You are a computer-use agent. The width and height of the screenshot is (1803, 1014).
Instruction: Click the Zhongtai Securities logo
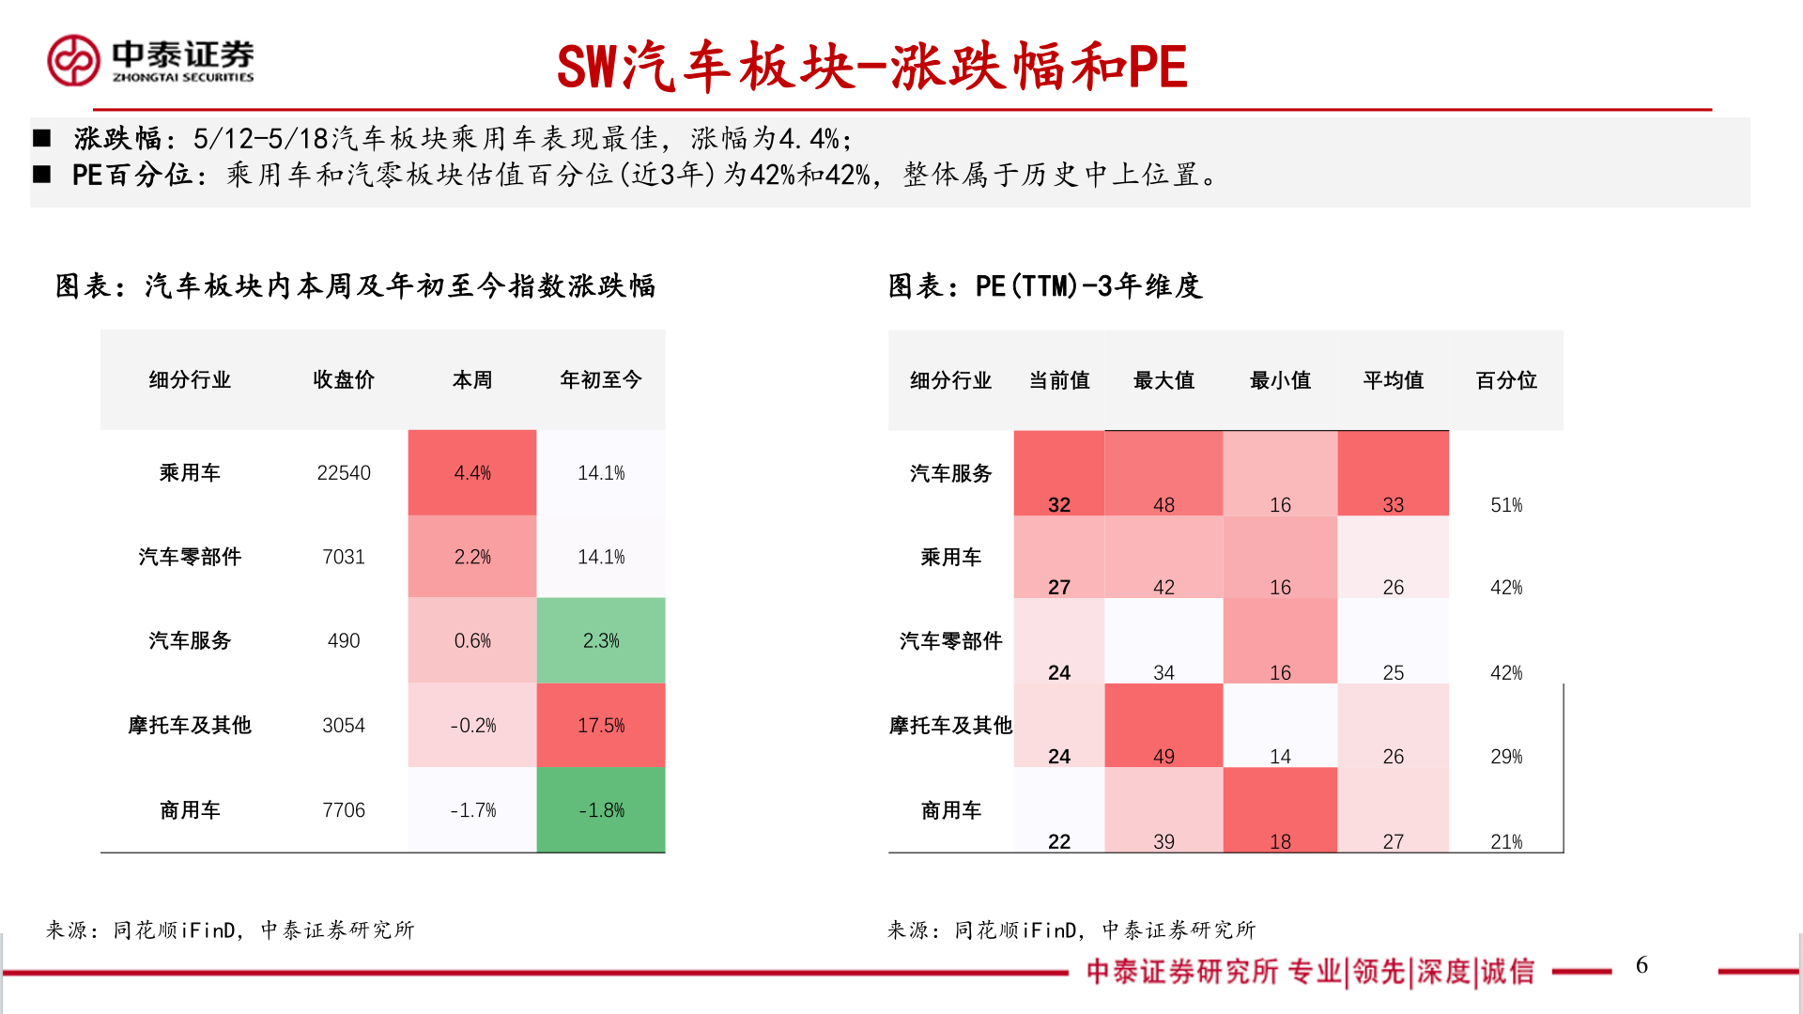pos(150,61)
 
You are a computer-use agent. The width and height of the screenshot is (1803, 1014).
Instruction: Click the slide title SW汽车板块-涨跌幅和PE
pos(871,68)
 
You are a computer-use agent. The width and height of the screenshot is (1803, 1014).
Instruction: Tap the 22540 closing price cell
pos(344,473)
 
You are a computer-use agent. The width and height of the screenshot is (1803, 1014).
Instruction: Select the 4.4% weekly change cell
pos(472,473)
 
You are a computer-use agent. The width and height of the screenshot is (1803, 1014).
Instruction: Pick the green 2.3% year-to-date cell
pos(601,640)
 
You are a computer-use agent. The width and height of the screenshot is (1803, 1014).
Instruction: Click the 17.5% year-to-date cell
pos(601,725)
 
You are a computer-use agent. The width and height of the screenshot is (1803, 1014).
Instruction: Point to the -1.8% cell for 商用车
pos(601,809)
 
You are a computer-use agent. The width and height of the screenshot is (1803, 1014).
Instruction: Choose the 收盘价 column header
pos(344,379)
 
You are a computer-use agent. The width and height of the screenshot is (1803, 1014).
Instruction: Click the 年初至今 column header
pos(601,379)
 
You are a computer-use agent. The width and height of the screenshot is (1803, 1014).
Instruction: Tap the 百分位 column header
pos(1506,380)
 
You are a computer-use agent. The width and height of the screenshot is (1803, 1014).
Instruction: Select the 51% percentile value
pos(1506,505)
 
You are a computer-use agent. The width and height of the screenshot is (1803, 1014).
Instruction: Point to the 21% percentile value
pos(1506,841)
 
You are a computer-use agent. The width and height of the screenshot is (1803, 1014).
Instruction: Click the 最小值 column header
pos(1280,380)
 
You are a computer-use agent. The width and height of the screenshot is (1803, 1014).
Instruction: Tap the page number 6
pos(1641,965)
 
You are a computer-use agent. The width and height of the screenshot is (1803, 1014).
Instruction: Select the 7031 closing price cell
pos(344,557)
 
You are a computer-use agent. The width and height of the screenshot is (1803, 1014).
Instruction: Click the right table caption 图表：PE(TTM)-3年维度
pos(1045,285)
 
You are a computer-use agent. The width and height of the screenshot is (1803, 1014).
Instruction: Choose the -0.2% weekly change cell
pos(472,725)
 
